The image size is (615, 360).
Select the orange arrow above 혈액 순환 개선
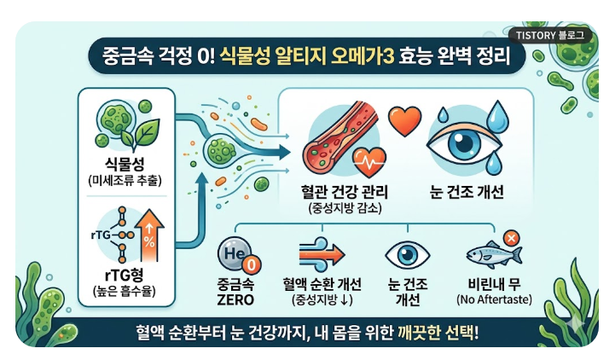(x=322, y=254)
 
